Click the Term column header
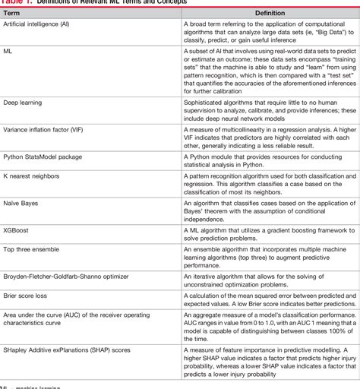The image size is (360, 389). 13,12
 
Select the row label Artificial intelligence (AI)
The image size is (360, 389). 48,25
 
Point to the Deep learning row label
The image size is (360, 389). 25,102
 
